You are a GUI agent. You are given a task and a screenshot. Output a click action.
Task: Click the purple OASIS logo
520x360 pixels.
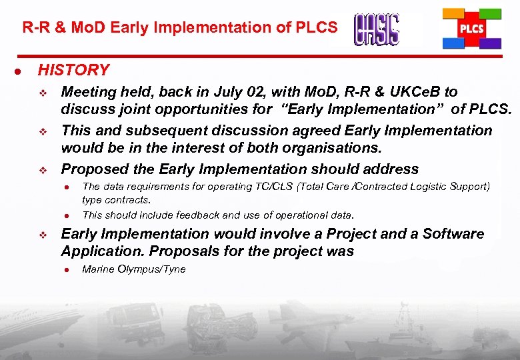tap(377, 29)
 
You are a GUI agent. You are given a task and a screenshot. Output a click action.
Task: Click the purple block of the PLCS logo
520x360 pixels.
tap(491, 44)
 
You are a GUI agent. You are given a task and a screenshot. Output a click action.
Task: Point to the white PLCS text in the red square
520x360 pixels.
tap(471, 29)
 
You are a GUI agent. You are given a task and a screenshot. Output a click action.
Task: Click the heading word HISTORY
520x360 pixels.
tap(73, 70)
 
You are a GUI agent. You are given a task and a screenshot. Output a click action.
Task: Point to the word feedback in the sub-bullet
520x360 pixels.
tap(200, 215)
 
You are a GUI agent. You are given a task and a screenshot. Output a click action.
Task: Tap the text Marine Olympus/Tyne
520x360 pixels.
tap(133, 269)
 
